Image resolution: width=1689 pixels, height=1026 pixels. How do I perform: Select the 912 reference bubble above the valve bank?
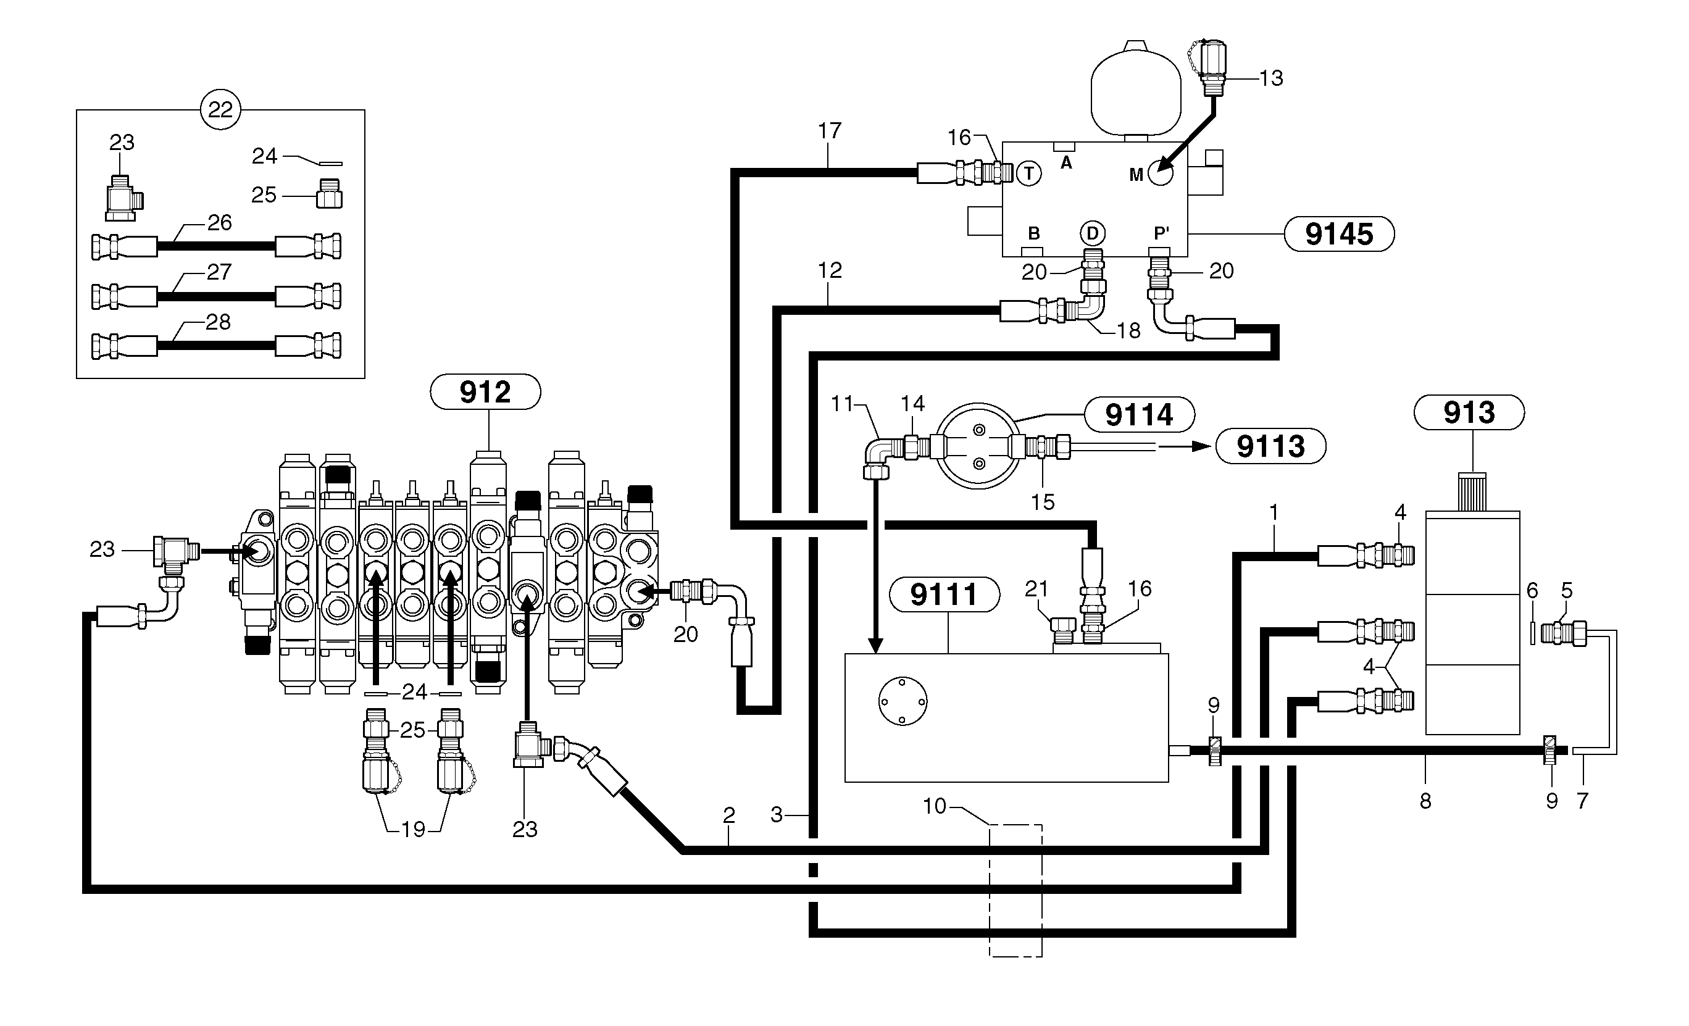485,392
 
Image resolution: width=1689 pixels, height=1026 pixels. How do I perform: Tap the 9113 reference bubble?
1270,446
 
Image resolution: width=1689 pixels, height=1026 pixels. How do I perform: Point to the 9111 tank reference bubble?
944,594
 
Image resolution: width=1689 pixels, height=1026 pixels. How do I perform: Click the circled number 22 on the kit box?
220,110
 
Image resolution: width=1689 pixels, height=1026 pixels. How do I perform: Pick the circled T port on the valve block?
1028,173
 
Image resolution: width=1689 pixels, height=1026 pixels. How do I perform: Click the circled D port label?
1092,233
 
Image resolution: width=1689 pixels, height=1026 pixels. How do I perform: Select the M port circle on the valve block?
1160,174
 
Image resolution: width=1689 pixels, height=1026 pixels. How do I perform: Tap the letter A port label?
1066,163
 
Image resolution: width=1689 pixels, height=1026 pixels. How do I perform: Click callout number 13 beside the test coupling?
1271,78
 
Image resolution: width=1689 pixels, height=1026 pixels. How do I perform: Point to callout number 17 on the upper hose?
830,130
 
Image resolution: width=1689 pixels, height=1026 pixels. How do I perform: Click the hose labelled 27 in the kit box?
216,297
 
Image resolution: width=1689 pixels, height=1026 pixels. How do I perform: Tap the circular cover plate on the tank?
902,701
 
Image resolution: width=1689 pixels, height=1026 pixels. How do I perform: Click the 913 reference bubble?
1469,412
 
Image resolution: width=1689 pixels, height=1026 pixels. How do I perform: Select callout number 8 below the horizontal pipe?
1425,801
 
